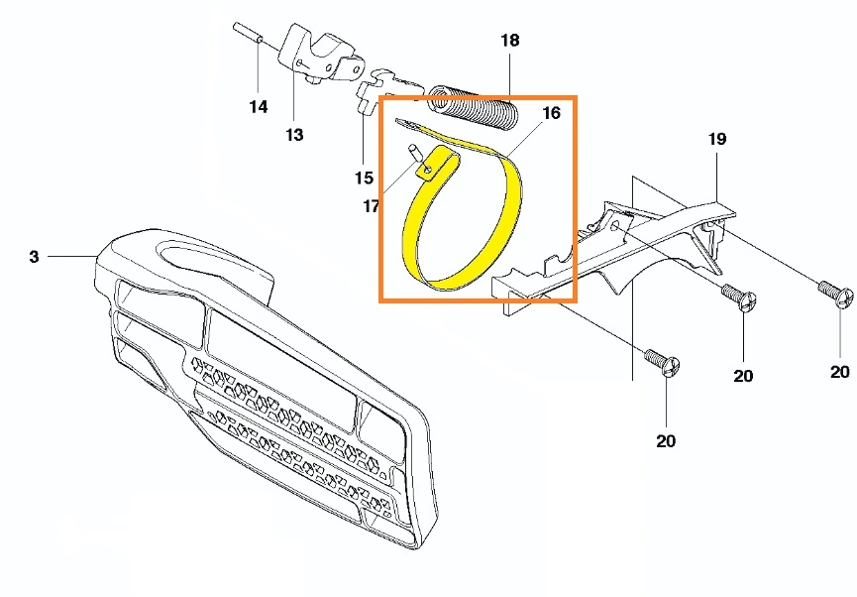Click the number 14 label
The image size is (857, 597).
(259, 106)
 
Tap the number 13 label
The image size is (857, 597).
(294, 135)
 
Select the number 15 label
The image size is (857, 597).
(364, 178)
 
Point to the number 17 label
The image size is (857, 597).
(372, 206)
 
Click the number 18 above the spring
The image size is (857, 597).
(510, 40)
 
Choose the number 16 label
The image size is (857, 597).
(552, 113)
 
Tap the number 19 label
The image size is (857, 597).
(717, 139)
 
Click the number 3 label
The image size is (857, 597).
(34, 257)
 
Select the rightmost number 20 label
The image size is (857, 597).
(840, 372)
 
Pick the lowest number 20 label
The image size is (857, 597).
(666, 440)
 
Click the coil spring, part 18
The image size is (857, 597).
(473, 107)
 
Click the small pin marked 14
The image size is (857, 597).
(249, 33)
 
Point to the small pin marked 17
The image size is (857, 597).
(414, 152)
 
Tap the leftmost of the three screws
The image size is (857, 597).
(663, 362)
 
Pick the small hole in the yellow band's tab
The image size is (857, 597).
(427, 172)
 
